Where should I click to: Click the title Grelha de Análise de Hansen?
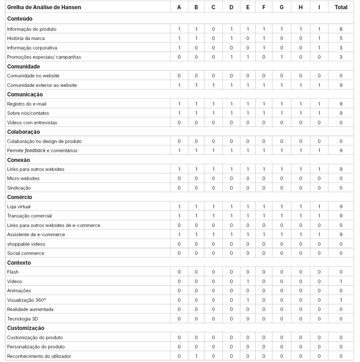tap(44, 7)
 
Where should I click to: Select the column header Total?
tap(341, 7)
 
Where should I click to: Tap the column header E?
tap(247, 7)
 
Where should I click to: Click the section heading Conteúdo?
tap(20, 19)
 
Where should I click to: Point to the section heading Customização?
tap(26, 328)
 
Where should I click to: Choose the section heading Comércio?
tap(19, 197)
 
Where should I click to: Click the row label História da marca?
tap(26, 38)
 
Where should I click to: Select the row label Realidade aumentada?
tap(30, 309)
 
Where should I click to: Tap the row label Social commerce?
tap(26, 253)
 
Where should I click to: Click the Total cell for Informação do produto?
tap(341, 29)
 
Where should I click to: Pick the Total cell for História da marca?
tap(341, 38)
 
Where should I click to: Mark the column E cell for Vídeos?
tap(247, 281)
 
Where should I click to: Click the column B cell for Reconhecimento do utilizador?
tap(196, 356)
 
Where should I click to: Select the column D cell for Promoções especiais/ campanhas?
tap(231, 57)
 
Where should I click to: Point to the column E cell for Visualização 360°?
tap(247, 300)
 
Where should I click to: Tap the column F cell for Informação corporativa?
tap(264, 48)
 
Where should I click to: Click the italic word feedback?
tap(35, 151)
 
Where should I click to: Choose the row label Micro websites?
tap(23, 179)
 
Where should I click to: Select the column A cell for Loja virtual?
tap(179, 206)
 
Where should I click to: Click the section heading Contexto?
tap(19, 263)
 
